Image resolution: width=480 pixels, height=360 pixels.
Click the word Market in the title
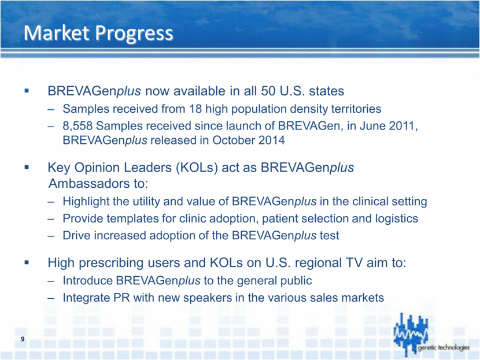pos(57,33)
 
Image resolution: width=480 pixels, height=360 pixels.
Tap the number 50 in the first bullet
pos(268,91)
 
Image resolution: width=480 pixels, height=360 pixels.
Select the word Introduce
pos(87,280)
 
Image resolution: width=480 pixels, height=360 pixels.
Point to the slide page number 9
pos(23,339)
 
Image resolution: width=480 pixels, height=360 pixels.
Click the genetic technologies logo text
pos(444,347)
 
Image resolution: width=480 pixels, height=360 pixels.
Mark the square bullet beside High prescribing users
pos(27,262)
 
